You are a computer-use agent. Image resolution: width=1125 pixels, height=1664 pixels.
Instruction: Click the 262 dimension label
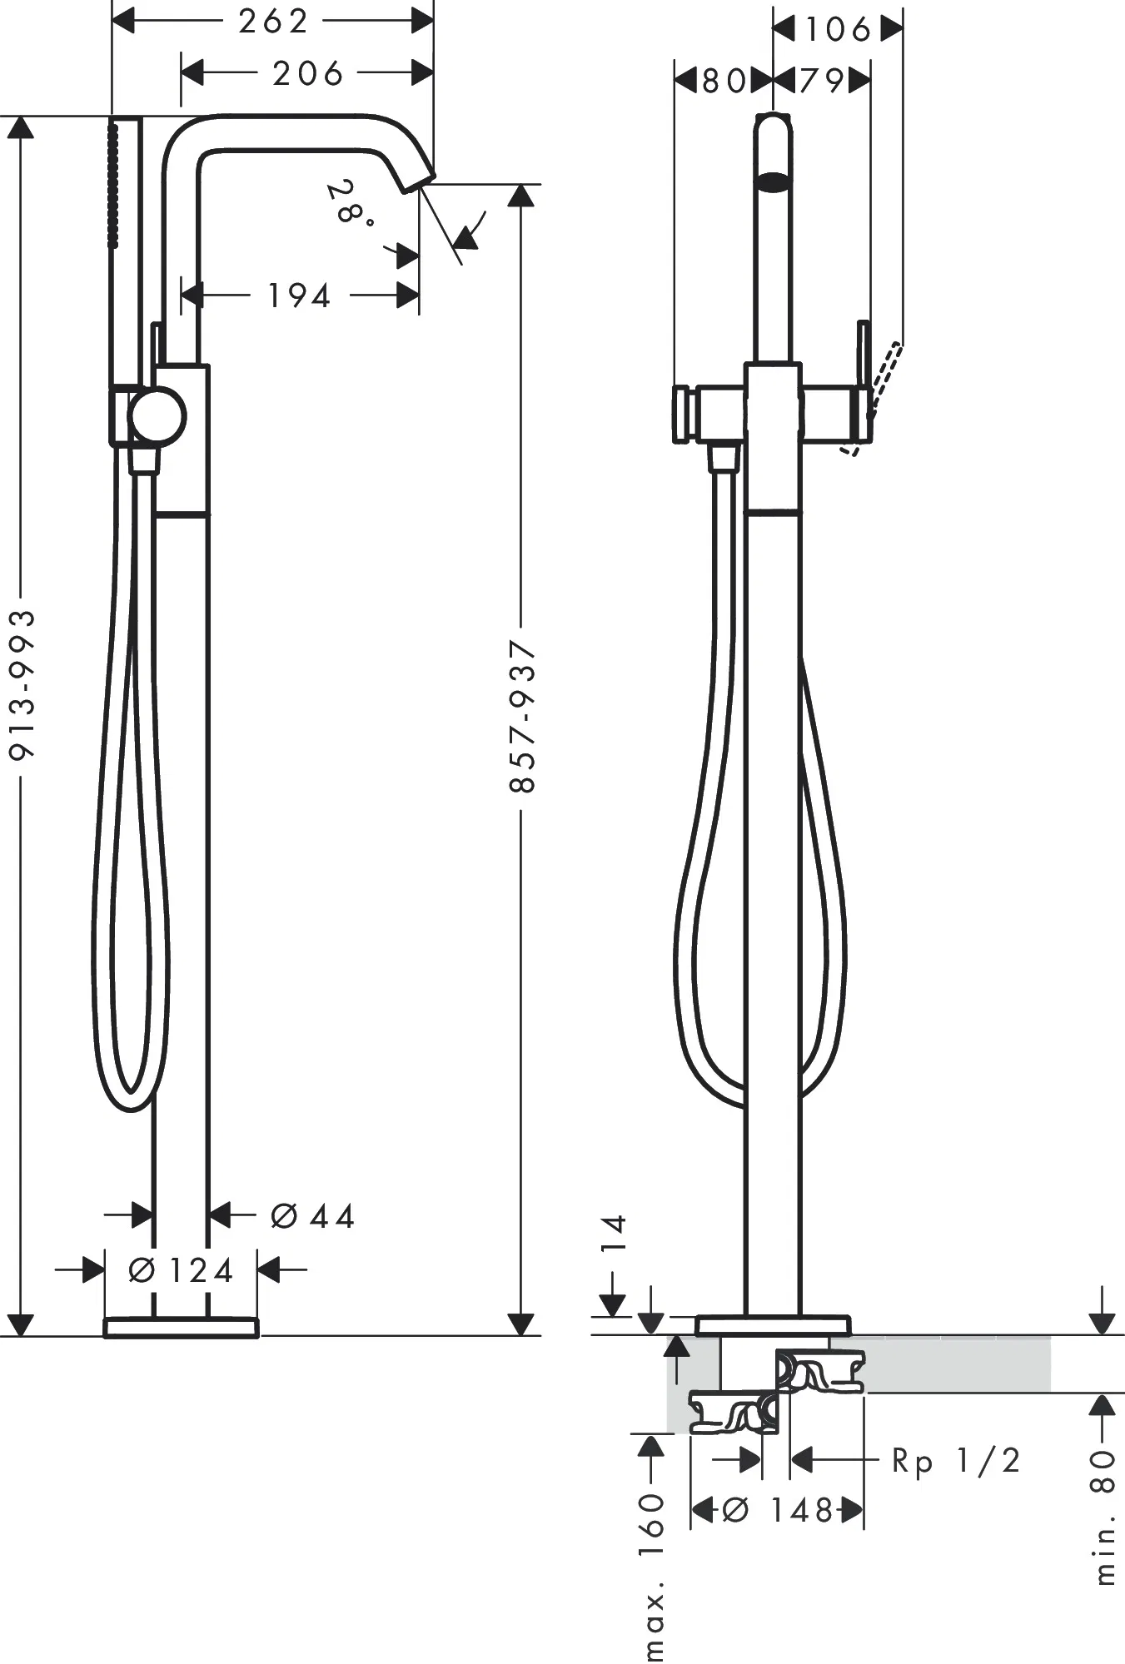[273, 22]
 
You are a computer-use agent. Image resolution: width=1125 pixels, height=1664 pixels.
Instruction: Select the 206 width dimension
[307, 74]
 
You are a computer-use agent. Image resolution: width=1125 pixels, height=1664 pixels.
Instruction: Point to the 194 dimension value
[299, 296]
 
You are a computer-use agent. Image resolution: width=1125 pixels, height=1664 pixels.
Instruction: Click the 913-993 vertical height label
[22, 683]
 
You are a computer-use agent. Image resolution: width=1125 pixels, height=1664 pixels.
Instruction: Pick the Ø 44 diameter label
[313, 1216]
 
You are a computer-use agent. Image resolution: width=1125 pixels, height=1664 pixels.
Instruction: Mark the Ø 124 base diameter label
[181, 1270]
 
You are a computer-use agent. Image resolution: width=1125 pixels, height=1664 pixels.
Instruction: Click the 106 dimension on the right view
[838, 30]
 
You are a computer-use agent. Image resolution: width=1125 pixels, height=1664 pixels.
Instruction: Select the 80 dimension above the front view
[723, 81]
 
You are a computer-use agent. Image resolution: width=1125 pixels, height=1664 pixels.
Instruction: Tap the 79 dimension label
[822, 81]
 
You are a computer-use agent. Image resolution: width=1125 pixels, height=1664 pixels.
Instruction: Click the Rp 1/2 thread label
[956, 1461]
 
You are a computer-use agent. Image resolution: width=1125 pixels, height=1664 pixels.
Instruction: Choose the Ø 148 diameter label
[776, 1510]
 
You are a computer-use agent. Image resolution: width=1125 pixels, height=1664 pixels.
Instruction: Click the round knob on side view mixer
[157, 416]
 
